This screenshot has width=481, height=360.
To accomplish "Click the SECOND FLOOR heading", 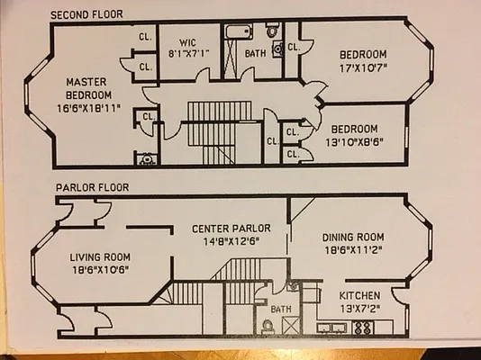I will (87, 14).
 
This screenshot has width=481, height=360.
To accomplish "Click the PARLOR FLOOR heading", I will (93, 188).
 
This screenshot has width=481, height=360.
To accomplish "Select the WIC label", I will (188, 40).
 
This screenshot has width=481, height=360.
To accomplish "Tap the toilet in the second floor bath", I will (277, 49).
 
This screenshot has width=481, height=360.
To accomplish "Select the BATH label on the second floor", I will (256, 53).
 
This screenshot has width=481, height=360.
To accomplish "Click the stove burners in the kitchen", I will (362, 328).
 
